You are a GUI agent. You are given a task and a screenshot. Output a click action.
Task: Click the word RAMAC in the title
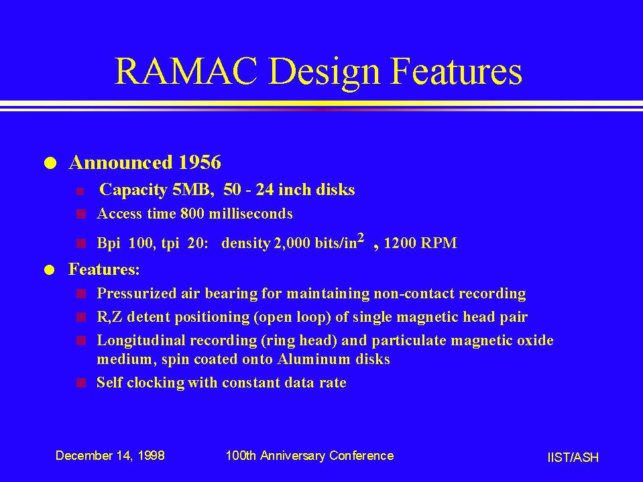pyautogui.click(x=186, y=70)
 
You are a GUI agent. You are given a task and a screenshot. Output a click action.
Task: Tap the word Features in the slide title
pyautogui.click(x=456, y=70)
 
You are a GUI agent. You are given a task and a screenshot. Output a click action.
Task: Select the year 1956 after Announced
pyautogui.click(x=200, y=162)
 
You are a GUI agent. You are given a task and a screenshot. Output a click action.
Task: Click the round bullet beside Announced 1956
pyautogui.click(x=50, y=163)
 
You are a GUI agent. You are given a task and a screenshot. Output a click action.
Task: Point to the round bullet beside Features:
pyautogui.click(x=50, y=270)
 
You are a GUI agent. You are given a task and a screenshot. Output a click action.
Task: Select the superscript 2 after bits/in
pyautogui.click(x=361, y=238)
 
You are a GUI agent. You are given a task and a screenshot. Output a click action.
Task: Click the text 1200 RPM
pyautogui.click(x=420, y=243)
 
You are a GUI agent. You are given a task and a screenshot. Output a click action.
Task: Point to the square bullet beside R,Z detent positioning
pyautogui.click(x=81, y=317)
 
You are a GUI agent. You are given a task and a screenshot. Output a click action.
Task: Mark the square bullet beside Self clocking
pyautogui.click(x=81, y=383)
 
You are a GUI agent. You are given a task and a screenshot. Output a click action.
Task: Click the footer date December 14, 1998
pyautogui.click(x=110, y=456)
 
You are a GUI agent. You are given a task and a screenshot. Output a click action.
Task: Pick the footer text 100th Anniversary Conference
pyautogui.click(x=310, y=456)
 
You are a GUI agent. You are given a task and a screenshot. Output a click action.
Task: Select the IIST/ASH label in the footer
pyautogui.click(x=573, y=457)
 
